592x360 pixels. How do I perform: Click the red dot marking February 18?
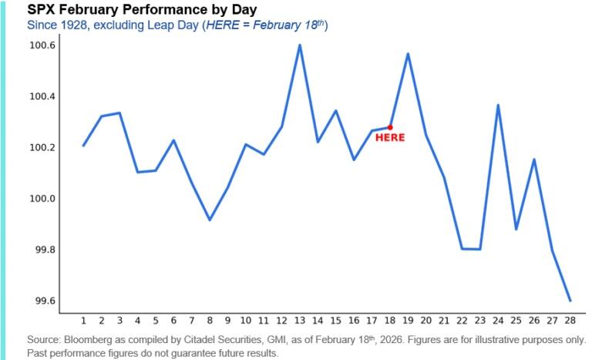(390, 127)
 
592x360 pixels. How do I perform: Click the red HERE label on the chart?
(389, 138)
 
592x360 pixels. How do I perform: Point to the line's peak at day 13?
(299, 45)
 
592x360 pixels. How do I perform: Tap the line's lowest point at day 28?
(570, 300)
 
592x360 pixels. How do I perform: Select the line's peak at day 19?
(408, 54)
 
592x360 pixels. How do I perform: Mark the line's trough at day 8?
(209, 220)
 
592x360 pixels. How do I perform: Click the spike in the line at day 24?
(498, 105)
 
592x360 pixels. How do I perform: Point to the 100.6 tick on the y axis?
(42, 45)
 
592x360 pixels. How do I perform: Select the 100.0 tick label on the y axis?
(42, 199)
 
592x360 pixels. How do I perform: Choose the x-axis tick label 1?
(82, 320)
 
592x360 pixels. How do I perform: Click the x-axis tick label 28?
(570, 320)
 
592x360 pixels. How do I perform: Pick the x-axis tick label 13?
(299, 320)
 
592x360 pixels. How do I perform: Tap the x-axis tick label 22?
(462, 320)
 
